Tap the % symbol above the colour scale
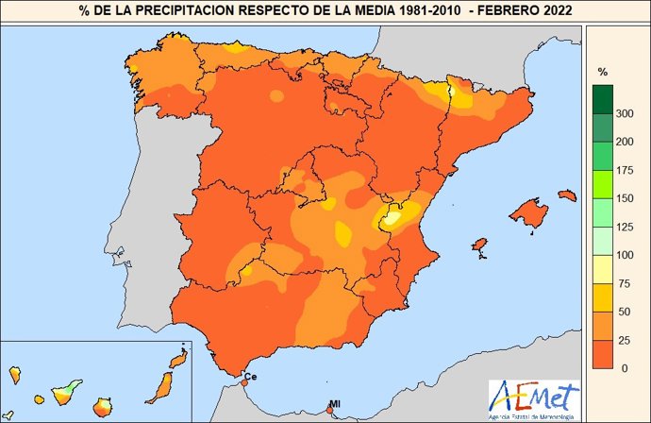pos(603,72)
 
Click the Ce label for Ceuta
pos(250,377)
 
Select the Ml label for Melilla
pos(333,404)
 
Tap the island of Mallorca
pos(527,213)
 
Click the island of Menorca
pos(567,195)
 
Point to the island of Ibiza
pos(478,247)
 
